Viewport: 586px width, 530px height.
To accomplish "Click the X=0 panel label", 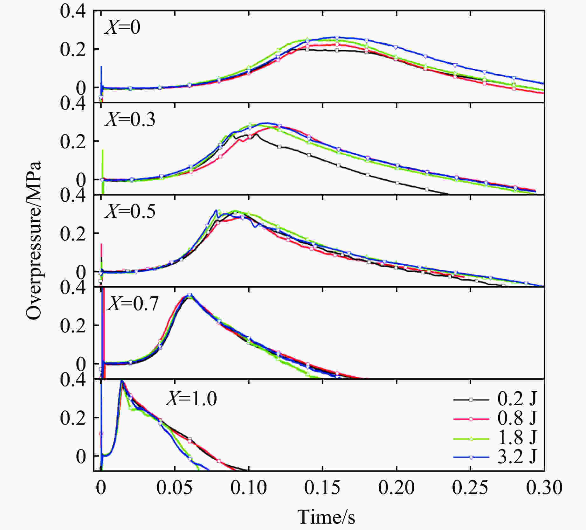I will point(122,27).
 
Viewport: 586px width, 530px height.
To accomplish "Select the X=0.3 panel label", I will point(130,120).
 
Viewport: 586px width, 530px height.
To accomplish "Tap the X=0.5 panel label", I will point(130,211).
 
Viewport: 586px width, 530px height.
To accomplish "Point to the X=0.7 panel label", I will point(132,303).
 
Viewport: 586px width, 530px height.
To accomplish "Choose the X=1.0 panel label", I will point(191,398).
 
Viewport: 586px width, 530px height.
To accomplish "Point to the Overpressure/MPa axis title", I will point(34,241).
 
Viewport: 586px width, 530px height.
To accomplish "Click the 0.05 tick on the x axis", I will point(174,487).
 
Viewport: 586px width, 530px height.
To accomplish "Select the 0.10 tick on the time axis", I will point(248,487).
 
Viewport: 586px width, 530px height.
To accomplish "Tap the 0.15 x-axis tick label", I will point(322,487).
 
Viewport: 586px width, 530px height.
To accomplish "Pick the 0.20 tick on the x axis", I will point(396,487).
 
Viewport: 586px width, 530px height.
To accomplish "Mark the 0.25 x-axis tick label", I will point(470,487).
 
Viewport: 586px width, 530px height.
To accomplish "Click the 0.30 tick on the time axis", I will point(544,487).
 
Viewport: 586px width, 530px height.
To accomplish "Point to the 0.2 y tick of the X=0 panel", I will point(73,50).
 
